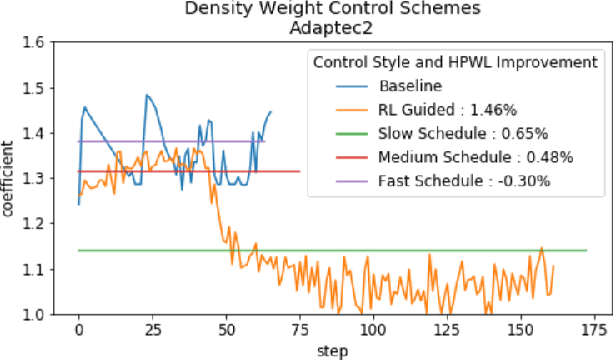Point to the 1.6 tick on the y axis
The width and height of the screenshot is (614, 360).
point(40,43)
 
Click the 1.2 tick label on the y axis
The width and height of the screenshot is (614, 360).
point(40,224)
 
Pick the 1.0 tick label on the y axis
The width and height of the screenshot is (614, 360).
point(40,315)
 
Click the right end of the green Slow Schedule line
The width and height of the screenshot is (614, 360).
point(586,251)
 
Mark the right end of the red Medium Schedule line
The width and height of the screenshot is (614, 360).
point(300,171)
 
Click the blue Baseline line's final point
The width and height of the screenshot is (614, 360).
point(270,112)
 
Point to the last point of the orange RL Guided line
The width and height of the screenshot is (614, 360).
point(553,266)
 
